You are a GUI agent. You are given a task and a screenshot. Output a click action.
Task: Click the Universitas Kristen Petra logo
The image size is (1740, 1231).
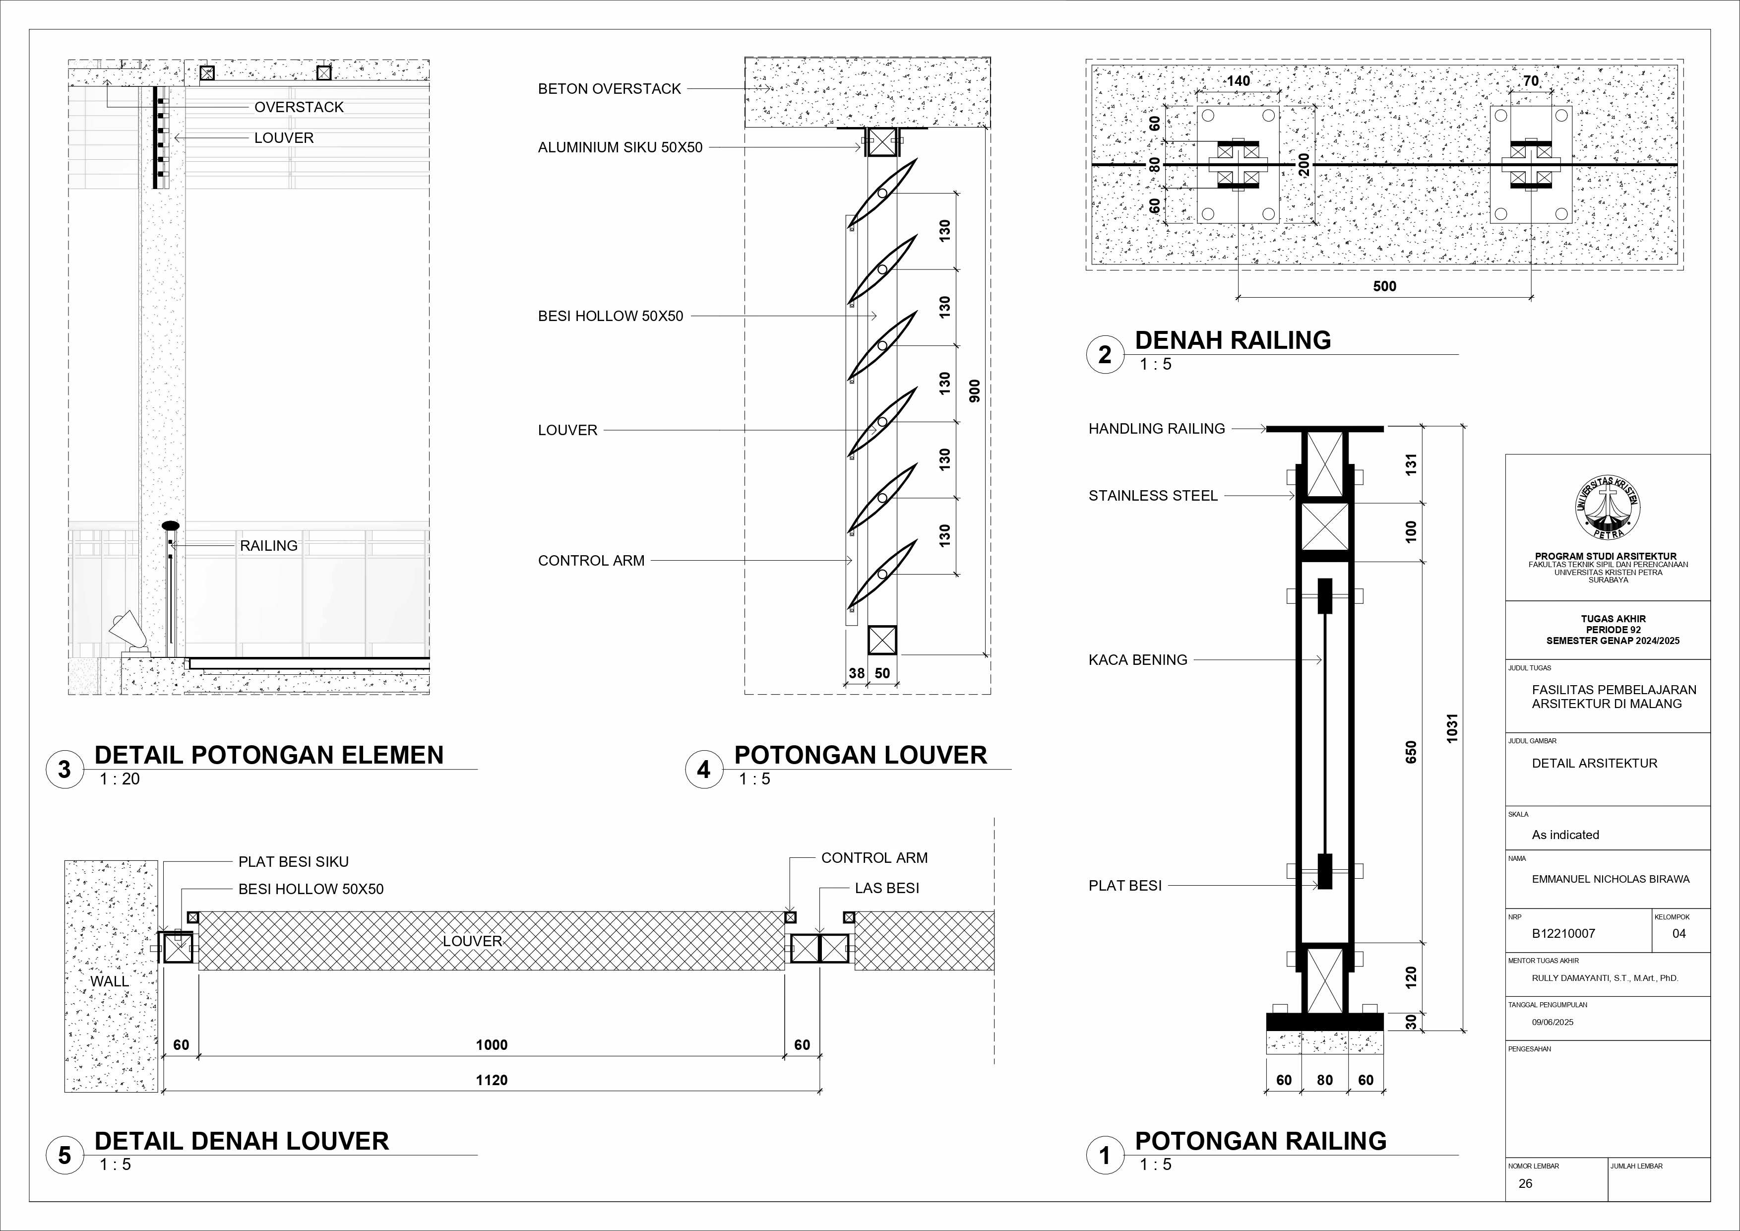1608,509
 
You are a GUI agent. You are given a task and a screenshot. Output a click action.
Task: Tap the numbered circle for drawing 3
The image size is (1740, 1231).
64,770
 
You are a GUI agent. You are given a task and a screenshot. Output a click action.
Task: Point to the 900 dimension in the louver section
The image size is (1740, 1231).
975,390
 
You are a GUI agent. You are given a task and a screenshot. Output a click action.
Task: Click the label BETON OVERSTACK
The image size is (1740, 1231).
609,89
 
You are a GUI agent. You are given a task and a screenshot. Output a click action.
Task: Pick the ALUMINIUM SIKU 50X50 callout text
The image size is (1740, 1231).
620,148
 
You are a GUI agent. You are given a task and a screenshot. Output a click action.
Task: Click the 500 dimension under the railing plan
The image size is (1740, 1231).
1384,286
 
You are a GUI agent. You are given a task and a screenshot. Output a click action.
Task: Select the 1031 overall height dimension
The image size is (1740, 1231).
1452,728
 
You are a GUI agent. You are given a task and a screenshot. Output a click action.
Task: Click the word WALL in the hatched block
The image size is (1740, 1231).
110,981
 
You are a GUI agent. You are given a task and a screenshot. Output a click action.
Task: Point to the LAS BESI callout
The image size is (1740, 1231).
887,888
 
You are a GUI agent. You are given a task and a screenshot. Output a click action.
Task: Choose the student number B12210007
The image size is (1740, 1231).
1563,934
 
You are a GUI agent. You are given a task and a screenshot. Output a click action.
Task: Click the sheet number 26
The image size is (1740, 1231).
1526,1183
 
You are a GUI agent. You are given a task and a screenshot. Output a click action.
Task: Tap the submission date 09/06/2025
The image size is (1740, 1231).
1553,1022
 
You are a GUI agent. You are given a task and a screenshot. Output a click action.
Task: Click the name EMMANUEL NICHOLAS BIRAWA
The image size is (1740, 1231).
1611,879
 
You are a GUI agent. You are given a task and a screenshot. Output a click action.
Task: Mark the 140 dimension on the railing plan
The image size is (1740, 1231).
1239,81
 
